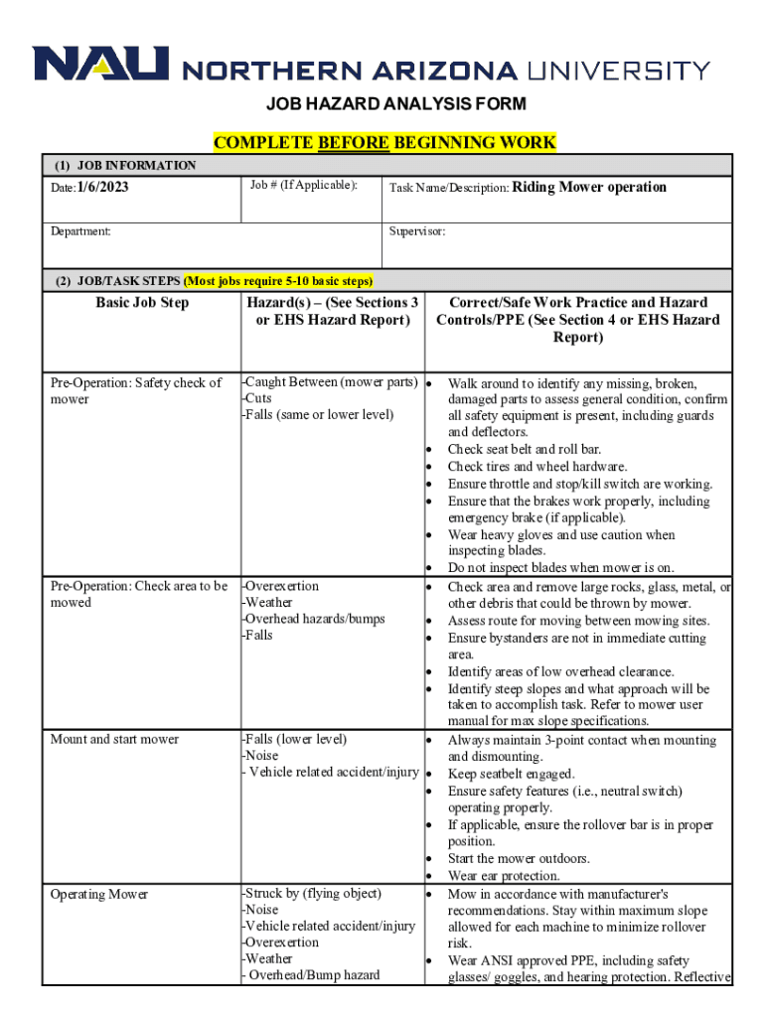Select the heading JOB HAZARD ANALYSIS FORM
[382, 104]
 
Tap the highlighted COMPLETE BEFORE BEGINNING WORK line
[384, 142]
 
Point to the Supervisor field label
[417, 231]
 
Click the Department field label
[81, 231]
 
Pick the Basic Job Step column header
[142, 303]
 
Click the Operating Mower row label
[98, 895]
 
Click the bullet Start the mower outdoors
[518, 858]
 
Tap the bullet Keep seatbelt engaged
[511, 774]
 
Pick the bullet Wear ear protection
[503, 876]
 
